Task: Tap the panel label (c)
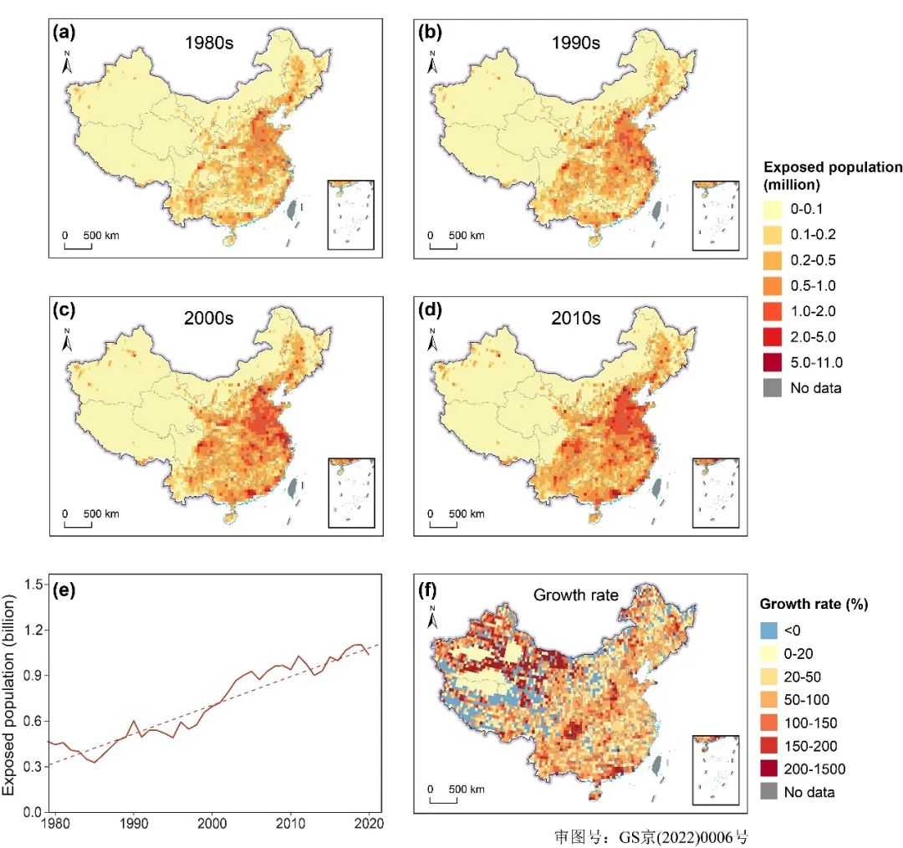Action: (x=64, y=310)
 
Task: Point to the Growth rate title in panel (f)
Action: (x=576, y=595)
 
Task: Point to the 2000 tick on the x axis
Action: (x=212, y=825)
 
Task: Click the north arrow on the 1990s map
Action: (x=431, y=64)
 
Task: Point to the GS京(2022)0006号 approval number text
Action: (x=646, y=836)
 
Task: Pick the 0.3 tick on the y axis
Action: (x=34, y=767)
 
